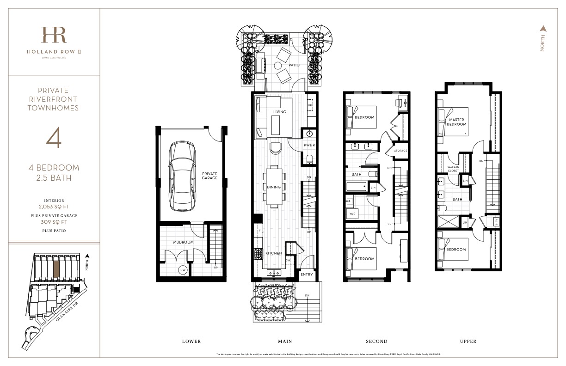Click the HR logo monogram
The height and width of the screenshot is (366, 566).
click(54, 36)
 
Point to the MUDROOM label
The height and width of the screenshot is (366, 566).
click(183, 242)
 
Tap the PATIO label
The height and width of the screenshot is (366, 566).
click(294, 65)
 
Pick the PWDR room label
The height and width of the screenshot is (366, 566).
click(309, 145)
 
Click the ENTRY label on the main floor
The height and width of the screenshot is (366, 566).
click(307, 274)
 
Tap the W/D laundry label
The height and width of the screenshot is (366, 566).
click(353, 213)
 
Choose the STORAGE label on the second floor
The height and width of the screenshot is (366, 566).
click(400, 151)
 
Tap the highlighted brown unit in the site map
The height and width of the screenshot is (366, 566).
click(56, 269)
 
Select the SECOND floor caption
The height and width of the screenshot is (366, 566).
click(376, 342)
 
